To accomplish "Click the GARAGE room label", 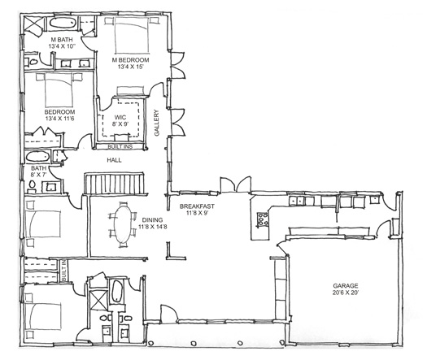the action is coord(346,286).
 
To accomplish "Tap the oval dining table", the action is coord(122,224).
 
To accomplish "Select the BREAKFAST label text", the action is coord(197,206).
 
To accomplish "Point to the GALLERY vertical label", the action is coord(157,123).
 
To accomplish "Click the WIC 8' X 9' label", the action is coord(120,120).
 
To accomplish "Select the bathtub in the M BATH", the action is coord(63,23).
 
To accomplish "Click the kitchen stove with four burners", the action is coord(263,219).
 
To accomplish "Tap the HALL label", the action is coord(114,160).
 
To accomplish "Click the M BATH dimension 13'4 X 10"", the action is coord(62,46).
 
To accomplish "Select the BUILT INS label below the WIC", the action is coord(120,146).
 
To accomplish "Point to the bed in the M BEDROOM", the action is coord(132,36).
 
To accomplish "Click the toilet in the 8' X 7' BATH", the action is coord(33,184).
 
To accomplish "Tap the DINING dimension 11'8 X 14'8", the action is coord(153,227).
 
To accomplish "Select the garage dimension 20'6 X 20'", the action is coord(346,293).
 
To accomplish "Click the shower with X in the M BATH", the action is coord(33,25).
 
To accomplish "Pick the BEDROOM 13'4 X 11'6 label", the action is coord(59,115).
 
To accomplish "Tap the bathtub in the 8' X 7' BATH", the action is coord(37,157).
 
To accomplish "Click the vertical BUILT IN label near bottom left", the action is coord(63,271).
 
